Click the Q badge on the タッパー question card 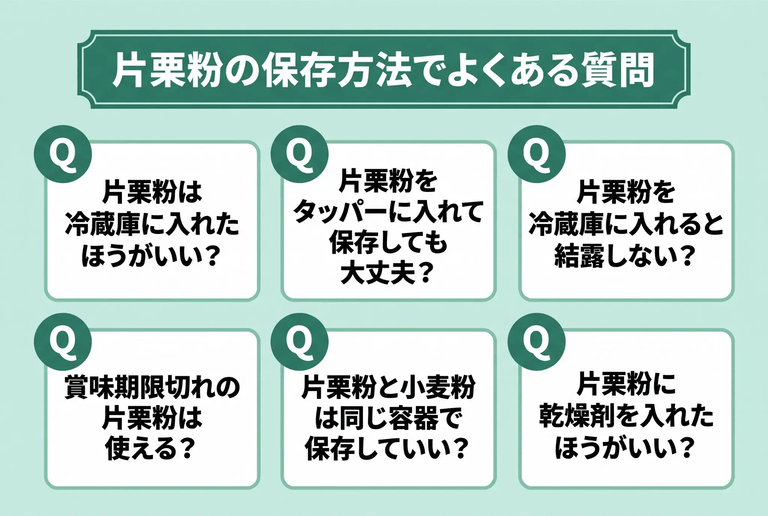pos(299,154)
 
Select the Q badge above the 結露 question pos(536,154)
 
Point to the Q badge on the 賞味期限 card pos(63,342)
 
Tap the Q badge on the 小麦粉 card pos(299,342)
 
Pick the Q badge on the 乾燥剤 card pos(536,342)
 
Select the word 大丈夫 pos(378,273)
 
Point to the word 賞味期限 pos(114,387)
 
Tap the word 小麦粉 pos(438,387)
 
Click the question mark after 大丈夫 pos(425,273)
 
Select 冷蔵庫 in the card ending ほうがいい pos(103,225)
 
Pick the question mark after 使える pos(186,448)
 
